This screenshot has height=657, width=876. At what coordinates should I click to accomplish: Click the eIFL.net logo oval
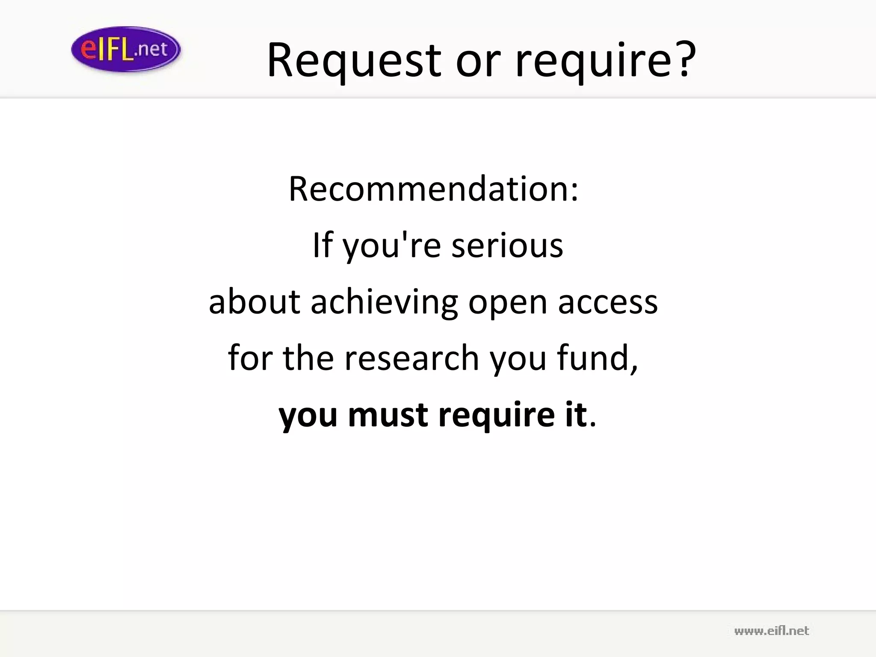[x=126, y=49]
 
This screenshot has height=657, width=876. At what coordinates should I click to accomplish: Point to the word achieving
[x=384, y=302]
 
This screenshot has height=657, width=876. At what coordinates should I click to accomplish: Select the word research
[x=411, y=358]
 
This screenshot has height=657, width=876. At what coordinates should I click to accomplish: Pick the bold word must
[x=388, y=414]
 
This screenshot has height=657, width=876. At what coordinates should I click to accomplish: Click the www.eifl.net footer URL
[x=771, y=631]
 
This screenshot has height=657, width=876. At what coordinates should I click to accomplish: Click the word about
[x=255, y=302]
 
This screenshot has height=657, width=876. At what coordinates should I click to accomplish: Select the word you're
[x=391, y=247]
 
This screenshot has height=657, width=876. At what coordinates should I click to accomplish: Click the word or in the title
[x=477, y=61]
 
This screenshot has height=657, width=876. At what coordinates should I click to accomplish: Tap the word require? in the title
[x=606, y=61]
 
